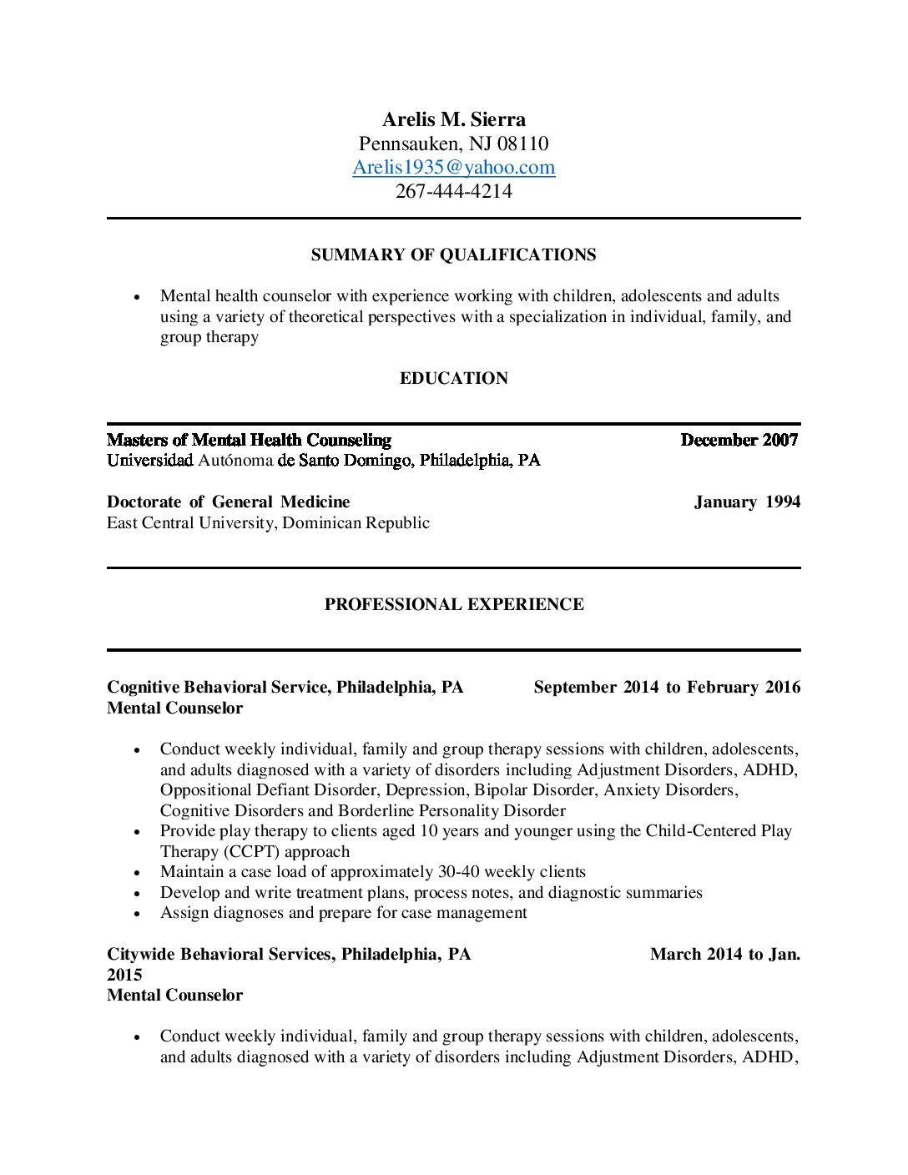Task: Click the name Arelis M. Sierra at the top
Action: pyautogui.click(x=453, y=119)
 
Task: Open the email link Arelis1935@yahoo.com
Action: pyautogui.click(x=453, y=167)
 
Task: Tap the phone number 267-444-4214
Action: pyautogui.click(x=453, y=191)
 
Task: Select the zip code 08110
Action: pyautogui.click(x=522, y=144)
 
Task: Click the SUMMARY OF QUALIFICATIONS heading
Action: pyautogui.click(x=453, y=255)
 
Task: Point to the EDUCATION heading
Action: pyautogui.click(x=453, y=378)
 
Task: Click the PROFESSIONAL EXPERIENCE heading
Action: pyautogui.click(x=453, y=604)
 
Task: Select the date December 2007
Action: pyautogui.click(x=739, y=440)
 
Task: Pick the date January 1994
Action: pyautogui.click(x=746, y=502)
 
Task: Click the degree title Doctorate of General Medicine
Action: pyautogui.click(x=228, y=502)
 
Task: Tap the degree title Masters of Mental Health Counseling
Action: pyautogui.click(x=249, y=440)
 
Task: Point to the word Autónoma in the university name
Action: pyautogui.click(x=235, y=460)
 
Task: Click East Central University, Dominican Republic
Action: pyautogui.click(x=268, y=522)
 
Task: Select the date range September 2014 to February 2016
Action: pyautogui.click(x=666, y=687)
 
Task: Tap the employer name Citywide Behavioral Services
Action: pyautogui.click(x=220, y=954)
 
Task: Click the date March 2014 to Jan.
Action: pyautogui.click(x=724, y=954)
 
